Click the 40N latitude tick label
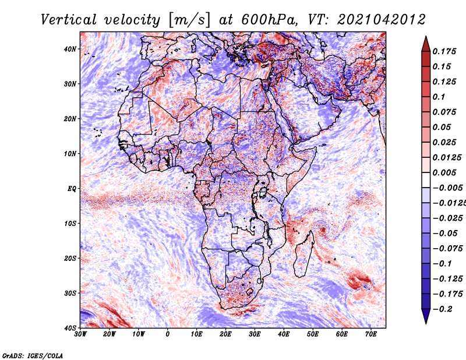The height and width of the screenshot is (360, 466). pos(70,49)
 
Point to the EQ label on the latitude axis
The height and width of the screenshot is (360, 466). pos(72,189)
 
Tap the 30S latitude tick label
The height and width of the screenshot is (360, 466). pos(70,294)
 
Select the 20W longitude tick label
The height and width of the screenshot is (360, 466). pos(110,334)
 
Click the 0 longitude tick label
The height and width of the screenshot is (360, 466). pos(168,334)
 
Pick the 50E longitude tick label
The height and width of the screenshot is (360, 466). pos(313,334)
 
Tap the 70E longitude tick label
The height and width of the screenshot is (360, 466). pos(371,334)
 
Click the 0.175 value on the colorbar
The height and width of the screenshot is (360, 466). pos(444,51)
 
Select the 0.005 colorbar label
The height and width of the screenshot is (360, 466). pos(444,172)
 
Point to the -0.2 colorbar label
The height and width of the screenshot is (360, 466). pos(443,309)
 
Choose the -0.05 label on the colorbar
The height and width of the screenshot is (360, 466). pos(446,234)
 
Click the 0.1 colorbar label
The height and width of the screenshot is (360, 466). pos(439,97)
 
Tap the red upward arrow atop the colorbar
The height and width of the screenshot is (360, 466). pos(426,44)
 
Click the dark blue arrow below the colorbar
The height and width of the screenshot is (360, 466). pos(426,316)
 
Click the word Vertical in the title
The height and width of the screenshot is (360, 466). pos(69,20)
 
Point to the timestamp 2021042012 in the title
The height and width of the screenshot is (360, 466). pos(382,20)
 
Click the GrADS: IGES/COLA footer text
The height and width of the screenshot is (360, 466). pos(33,356)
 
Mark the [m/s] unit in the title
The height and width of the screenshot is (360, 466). pos(189,20)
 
